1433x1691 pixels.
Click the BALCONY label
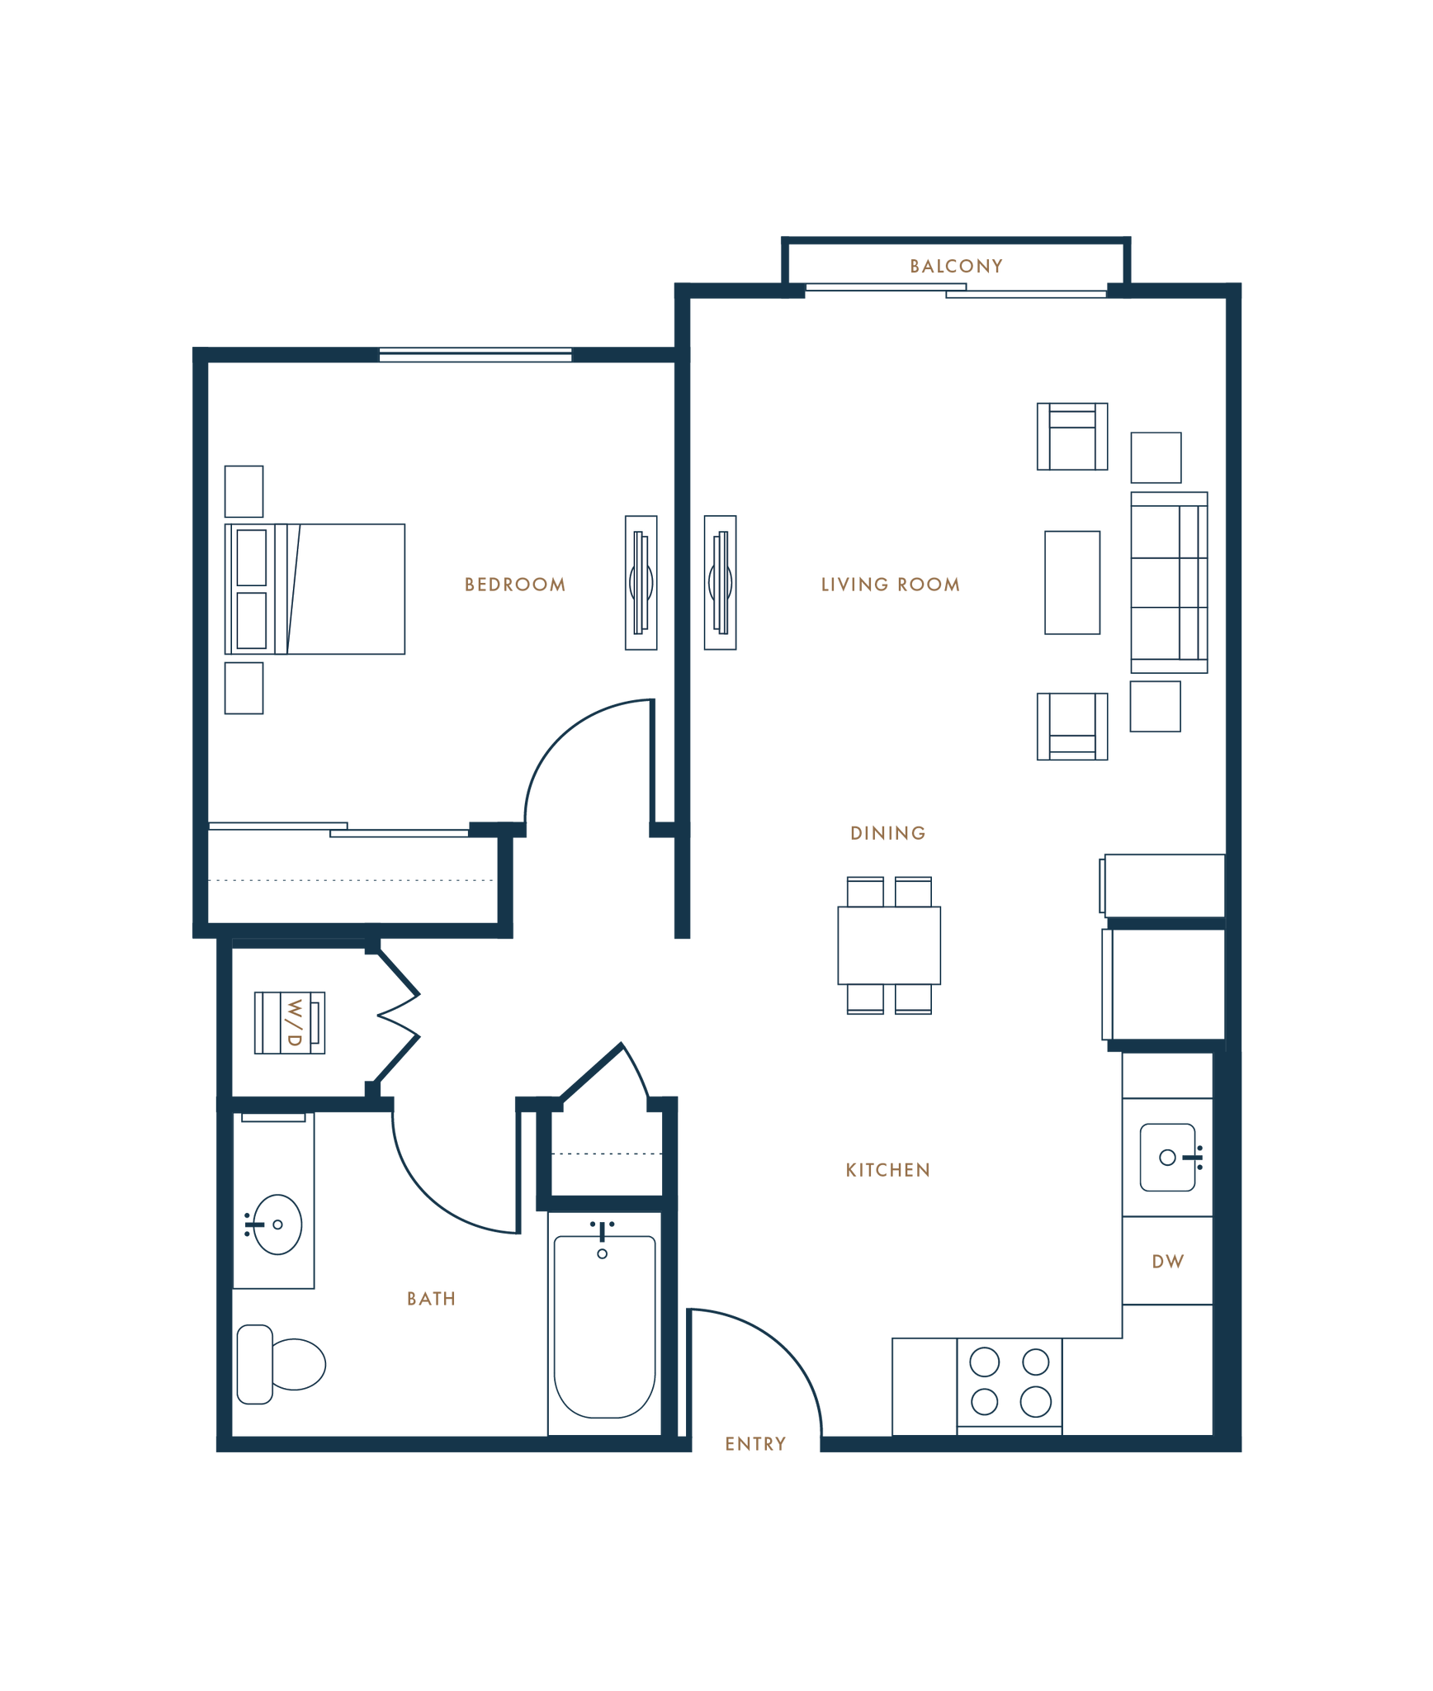click(956, 266)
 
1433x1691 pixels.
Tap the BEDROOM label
click(516, 585)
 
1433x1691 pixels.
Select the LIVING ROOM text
click(890, 585)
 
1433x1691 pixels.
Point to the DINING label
click(887, 832)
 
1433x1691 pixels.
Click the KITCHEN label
click(888, 1170)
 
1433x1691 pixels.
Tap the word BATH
click(432, 1299)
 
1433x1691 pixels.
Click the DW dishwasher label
click(1168, 1262)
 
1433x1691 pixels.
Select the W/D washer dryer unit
click(290, 1022)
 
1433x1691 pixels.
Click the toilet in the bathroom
click(281, 1363)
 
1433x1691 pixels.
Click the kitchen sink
click(1167, 1157)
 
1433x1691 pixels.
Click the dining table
click(889, 945)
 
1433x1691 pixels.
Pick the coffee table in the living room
click(1071, 582)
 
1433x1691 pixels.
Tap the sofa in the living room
click(1169, 582)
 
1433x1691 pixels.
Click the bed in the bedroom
click(315, 589)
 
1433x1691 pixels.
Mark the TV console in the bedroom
click(641, 582)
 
